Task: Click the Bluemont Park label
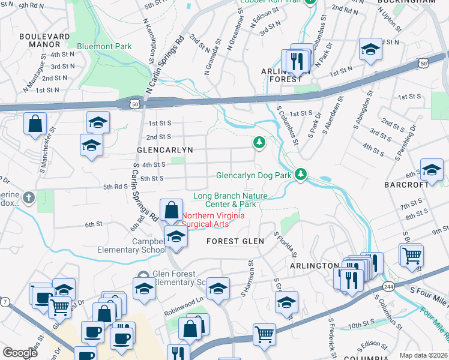(104, 46)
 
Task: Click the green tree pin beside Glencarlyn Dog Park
(301, 175)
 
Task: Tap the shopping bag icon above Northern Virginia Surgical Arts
(172, 211)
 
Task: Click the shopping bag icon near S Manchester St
(35, 124)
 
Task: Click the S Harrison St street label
(247, 277)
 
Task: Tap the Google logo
(20, 353)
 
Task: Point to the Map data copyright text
(423, 355)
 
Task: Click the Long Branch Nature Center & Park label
(231, 200)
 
